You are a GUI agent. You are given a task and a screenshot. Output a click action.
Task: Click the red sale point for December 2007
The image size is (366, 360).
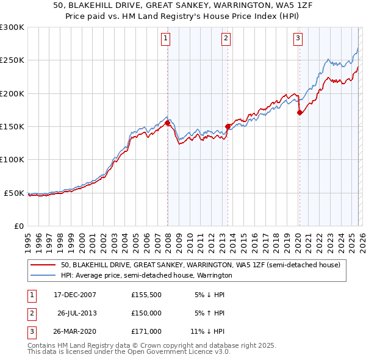click(x=168, y=123)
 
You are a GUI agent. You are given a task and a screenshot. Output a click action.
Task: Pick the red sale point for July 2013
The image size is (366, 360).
click(x=228, y=127)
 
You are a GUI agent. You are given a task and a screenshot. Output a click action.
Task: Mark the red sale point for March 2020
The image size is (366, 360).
click(x=300, y=113)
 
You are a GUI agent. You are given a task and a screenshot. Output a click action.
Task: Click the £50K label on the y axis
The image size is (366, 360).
click(x=14, y=193)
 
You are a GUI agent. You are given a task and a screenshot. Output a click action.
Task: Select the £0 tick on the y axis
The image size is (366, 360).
click(x=18, y=226)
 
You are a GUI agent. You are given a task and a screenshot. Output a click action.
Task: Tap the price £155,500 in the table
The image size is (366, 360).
click(x=146, y=294)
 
